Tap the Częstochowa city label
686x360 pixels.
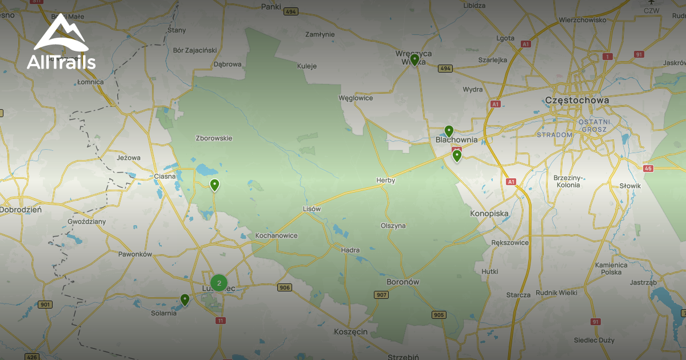click(x=577, y=100)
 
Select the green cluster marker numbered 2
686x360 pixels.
click(x=219, y=282)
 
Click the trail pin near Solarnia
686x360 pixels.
click(x=185, y=299)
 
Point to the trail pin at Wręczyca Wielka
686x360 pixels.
click(x=414, y=59)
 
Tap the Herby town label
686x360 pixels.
click(x=385, y=180)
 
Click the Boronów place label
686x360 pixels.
click(x=403, y=282)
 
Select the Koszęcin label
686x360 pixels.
click(x=350, y=331)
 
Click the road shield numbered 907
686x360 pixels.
click(x=381, y=295)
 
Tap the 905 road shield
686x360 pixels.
click(x=438, y=315)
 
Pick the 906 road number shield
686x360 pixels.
click(x=284, y=287)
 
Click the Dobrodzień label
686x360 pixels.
click(x=21, y=210)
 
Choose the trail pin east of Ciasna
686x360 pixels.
click(x=214, y=185)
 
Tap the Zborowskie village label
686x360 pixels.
click(x=214, y=138)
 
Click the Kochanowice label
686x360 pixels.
click(x=276, y=235)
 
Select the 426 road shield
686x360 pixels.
click(x=32, y=357)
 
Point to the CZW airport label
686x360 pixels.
click(x=651, y=10)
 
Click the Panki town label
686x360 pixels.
click(x=270, y=7)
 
